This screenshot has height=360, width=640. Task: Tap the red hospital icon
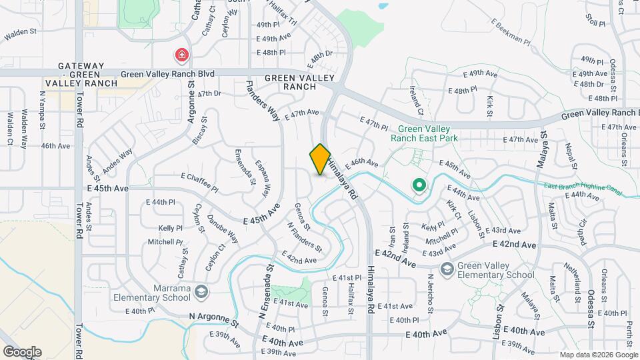[181, 54]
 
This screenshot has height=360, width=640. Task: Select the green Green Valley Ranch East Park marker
[419, 185]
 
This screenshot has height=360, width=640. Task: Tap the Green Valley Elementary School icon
[447, 269]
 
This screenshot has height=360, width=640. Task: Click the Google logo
[21, 351]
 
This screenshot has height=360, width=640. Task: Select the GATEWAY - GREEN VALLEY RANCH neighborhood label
[81, 75]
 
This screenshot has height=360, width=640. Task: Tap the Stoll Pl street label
[595, 19]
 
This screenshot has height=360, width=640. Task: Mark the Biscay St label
[199, 130]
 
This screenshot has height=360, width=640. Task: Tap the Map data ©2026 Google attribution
[597, 354]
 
